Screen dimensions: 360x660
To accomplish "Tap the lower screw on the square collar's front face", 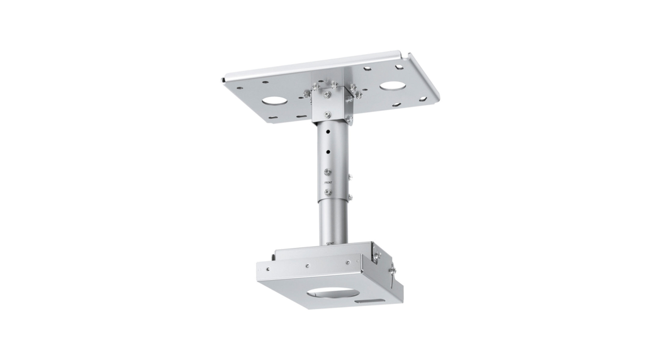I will coord(327,113).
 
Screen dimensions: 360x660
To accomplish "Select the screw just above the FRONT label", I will coord(327,171).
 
